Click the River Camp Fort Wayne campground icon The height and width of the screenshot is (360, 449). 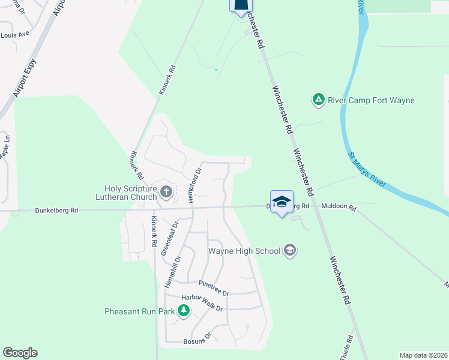click(x=318, y=100)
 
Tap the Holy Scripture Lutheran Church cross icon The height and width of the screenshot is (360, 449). click(x=166, y=192)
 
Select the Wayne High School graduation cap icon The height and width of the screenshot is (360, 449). click(x=290, y=250)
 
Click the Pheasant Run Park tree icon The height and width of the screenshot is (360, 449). click(x=184, y=311)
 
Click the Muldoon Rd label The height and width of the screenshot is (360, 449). click(x=339, y=208)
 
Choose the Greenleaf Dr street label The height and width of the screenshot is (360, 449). click(x=169, y=238)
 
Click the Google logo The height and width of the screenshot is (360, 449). click(x=20, y=353)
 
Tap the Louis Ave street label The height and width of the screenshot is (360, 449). click(x=15, y=35)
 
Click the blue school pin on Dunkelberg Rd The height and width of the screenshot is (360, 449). click(x=282, y=203)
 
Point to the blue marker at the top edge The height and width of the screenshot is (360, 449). click(x=240, y=6)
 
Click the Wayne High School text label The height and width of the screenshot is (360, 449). click(x=244, y=250)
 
